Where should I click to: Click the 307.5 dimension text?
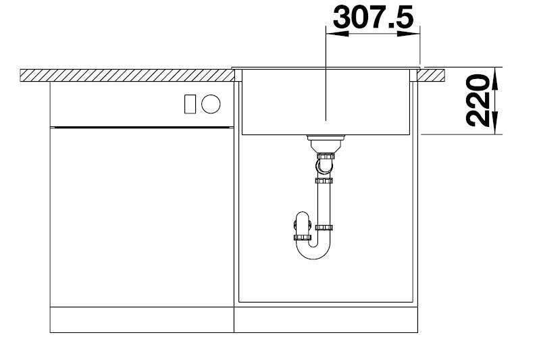tap(374, 17)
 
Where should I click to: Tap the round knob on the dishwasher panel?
tap(211, 104)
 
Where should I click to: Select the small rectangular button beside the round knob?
tap(190, 104)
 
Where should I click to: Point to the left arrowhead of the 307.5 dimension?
tap(337, 34)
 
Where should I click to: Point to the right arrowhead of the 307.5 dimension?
tap(408, 34)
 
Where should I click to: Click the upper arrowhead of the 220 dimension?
tap(495, 78)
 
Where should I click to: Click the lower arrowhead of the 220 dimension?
tap(495, 123)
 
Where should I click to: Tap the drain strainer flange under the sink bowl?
tap(326, 138)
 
